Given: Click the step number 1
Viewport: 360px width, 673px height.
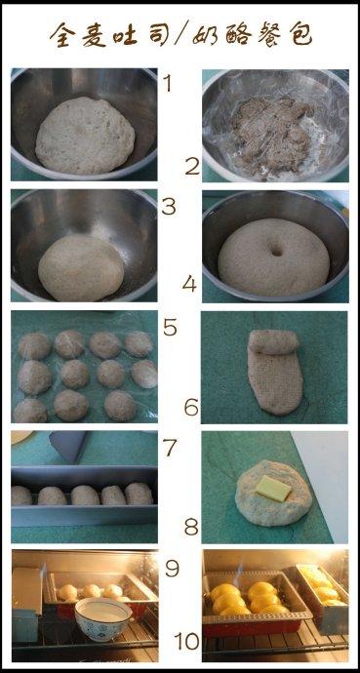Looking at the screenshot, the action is (167, 83).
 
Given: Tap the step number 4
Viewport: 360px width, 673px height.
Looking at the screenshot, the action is (189, 284).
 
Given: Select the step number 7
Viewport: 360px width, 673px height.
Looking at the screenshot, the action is (170, 448).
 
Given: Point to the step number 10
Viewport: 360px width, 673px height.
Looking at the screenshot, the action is (187, 641).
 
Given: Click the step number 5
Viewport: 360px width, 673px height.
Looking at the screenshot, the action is (170, 328).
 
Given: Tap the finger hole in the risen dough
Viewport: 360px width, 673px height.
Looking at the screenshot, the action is (276, 250).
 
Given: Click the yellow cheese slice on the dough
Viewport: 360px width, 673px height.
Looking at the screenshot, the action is (273, 489).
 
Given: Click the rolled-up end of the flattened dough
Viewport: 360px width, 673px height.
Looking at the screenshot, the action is (273, 342).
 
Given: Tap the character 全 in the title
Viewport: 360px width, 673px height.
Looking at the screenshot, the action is (63, 35).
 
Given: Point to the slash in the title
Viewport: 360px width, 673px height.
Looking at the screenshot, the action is (180, 34).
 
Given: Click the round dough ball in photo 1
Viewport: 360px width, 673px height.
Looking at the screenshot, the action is (85, 136).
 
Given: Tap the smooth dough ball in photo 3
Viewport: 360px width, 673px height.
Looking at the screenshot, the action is (81, 267).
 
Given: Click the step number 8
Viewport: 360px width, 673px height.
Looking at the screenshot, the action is (191, 527).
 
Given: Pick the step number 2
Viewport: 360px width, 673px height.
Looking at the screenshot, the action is (192, 167).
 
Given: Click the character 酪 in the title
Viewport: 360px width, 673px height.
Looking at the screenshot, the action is (237, 34).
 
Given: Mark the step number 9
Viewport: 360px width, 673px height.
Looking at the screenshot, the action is (173, 569).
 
